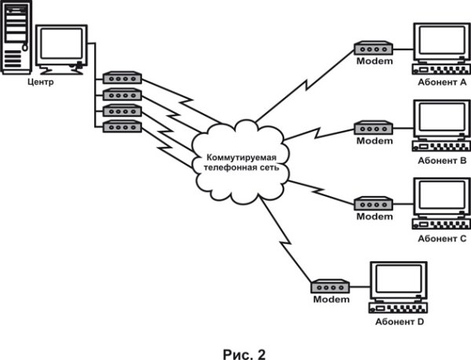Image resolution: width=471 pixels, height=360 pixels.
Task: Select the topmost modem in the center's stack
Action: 122,78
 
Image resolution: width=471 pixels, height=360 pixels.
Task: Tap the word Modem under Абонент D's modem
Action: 330,300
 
